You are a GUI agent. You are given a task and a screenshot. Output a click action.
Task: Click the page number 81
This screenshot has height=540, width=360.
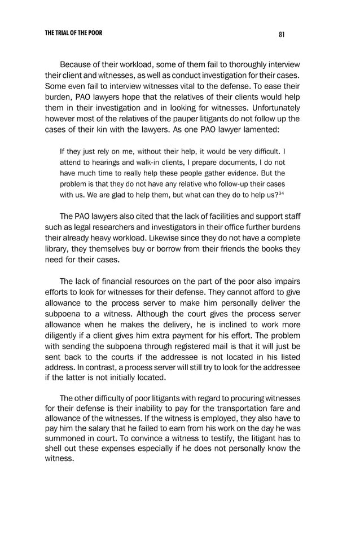(x=282, y=35)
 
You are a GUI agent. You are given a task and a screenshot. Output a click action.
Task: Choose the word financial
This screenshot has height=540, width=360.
(x=124, y=282)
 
